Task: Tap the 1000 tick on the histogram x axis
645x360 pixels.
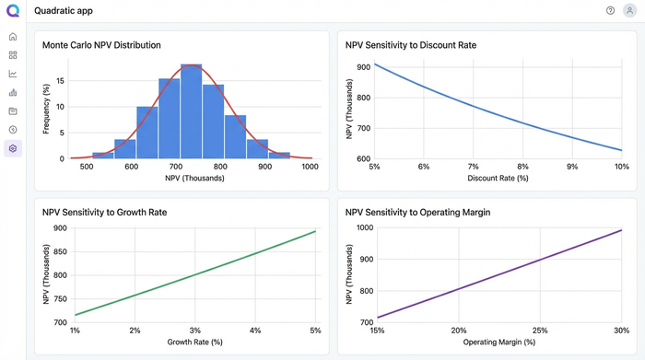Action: coord(309,167)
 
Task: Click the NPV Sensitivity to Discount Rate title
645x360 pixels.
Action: coord(410,44)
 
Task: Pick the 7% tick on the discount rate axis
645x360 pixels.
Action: coord(473,167)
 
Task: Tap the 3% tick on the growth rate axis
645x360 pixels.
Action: coord(194,331)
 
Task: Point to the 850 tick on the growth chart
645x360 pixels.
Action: coord(60,251)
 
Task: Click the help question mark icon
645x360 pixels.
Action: coord(610,10)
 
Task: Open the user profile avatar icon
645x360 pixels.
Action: coord(628,10)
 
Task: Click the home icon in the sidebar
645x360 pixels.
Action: coord(13,37)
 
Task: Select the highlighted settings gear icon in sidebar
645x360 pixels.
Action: coord(13,148)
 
